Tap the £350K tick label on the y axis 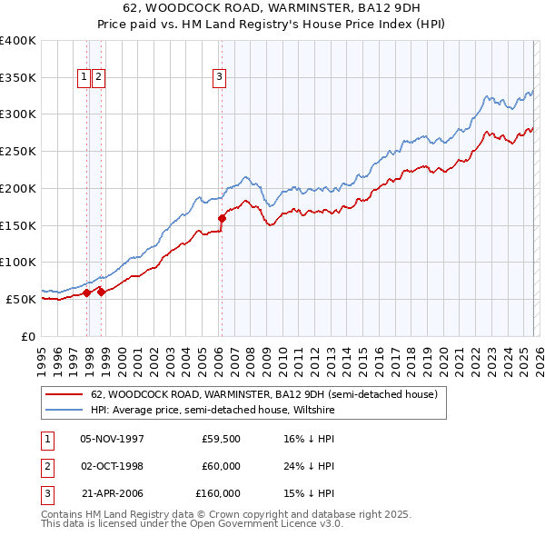tap(18, 78)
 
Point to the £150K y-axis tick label tap(18, 225)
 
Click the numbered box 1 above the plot tap(84, 78)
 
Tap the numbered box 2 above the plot tap(97, 78)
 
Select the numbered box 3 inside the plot tap(219, 78)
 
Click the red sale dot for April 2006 tap(222, 218)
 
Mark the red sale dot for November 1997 tap(86, 293)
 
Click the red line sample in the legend tap(64, 395)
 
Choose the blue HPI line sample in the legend tap(64, 411)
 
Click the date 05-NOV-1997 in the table tap(113, 439)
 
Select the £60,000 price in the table tap(221, 466)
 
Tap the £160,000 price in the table tap(218, 493)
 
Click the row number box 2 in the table tap(45, 466)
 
